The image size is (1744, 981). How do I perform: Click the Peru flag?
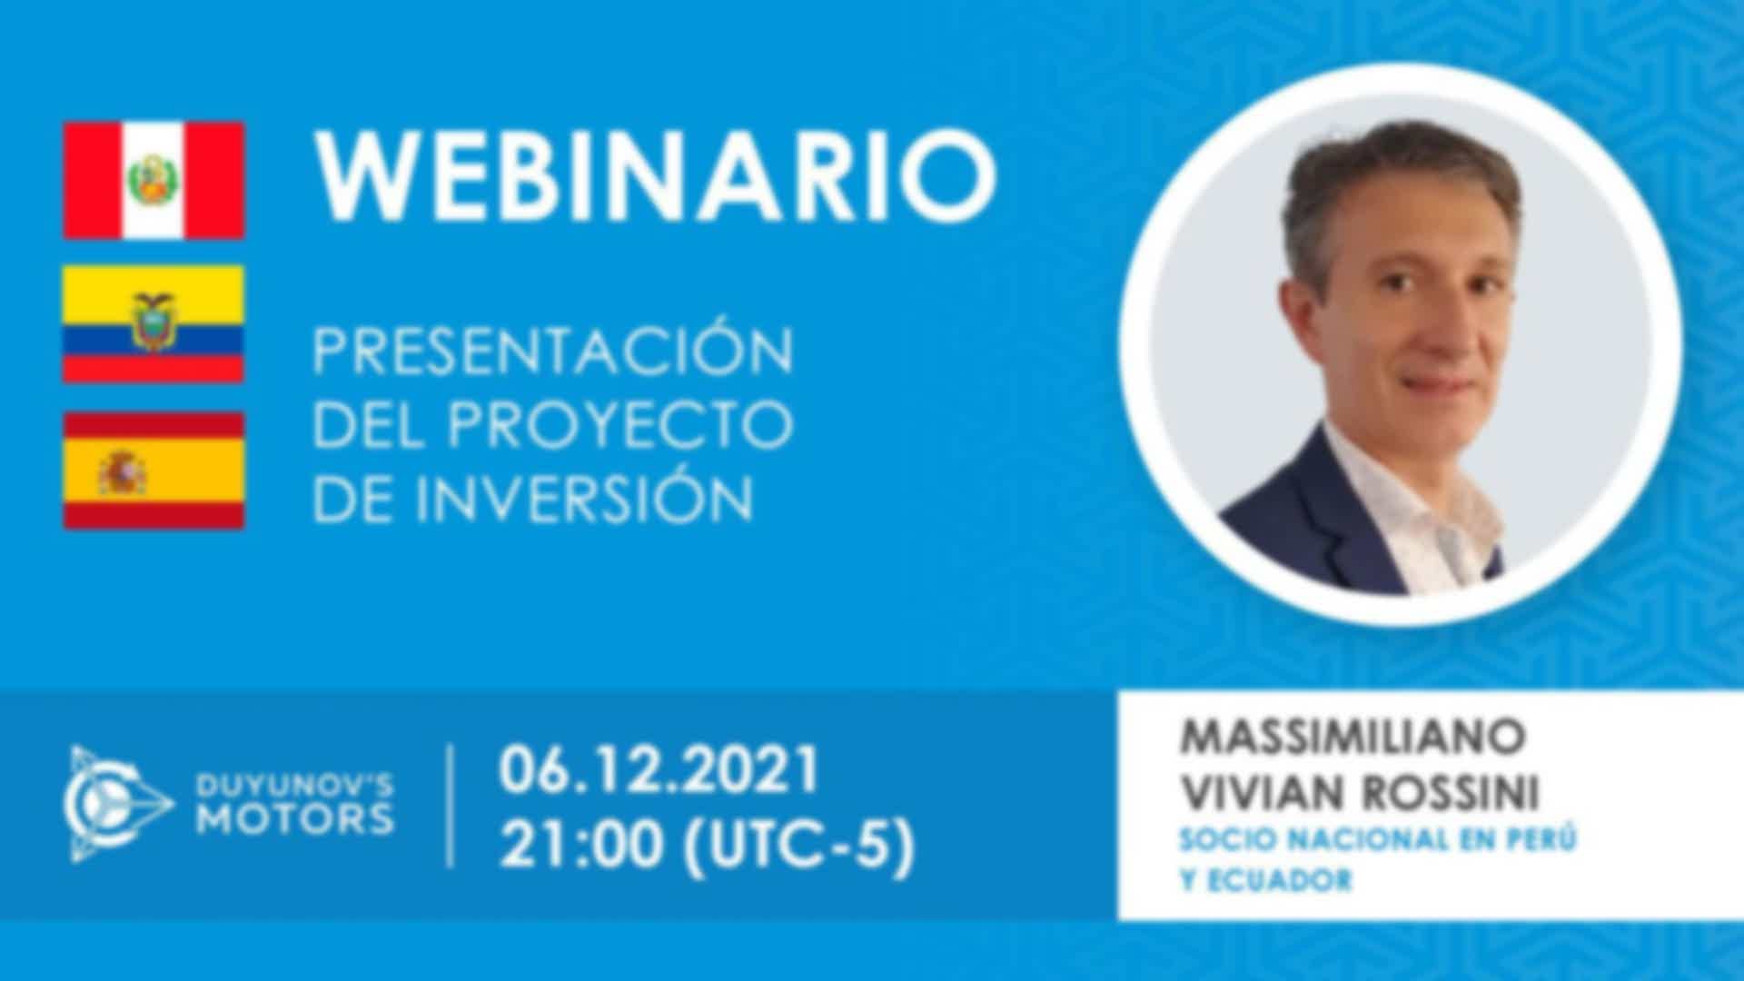tap(154, 181)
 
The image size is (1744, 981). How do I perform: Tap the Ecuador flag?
tap(154, 324)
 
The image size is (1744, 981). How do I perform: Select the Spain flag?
tap(154, 470)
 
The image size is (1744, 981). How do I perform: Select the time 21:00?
tap(581, 847)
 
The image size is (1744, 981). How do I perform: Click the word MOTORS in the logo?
tap(295, 819)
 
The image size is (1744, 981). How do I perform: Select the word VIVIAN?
tap(1265, 793)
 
